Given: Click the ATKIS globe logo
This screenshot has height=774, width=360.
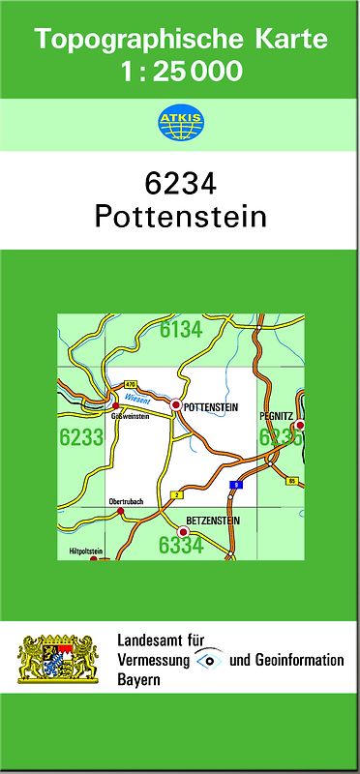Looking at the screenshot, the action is [x=179, y=122].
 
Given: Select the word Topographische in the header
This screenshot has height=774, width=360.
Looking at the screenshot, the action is [x=123, y=40].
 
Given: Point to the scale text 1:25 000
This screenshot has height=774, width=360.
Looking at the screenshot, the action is [x=180, y=71].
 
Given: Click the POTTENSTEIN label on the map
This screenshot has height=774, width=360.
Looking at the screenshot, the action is [x=210, y=407].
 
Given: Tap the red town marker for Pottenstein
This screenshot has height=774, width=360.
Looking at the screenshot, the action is [x=176, y=405].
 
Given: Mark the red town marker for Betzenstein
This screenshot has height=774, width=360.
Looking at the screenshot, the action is [x=182, y=530].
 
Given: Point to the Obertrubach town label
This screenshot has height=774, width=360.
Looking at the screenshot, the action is [x=127, y=501].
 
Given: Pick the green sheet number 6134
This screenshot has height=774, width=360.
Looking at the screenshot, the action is [x=181, y=331].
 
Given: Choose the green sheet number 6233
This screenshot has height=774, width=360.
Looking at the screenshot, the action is [x=81, y=437].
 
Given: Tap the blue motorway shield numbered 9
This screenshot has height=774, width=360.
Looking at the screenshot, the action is [x=233, y=483].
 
